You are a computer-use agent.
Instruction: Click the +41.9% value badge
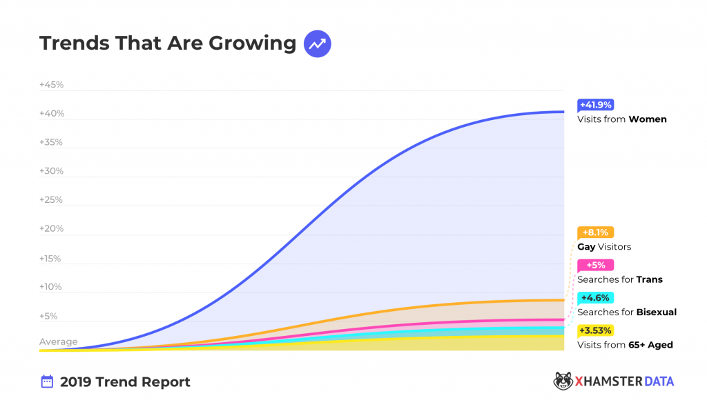(x=595, y=105)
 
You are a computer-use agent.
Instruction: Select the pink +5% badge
(x=595, y=266)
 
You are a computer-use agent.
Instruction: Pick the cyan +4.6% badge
(x=594, y=298)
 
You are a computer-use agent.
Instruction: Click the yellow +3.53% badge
(x=595, y=330)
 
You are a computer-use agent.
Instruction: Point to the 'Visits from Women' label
(x=621, y=119)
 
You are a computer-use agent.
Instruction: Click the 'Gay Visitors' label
(x=603, y=247)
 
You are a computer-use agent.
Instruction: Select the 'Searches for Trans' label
(x=619, y=279)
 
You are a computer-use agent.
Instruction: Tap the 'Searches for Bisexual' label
(x=626, y=312)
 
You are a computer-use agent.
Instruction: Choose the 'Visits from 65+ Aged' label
(x=624, y=345)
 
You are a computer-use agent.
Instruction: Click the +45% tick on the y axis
(x=52, y=85)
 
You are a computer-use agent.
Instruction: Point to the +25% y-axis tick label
(x=52, y=200)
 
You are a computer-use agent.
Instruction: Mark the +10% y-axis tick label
(x=52, y=287)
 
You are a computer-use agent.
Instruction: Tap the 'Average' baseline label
(x=59, y=342)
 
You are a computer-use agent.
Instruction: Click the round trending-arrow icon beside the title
(x=318, y=43)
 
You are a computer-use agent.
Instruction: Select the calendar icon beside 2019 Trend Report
(x=47, y=381)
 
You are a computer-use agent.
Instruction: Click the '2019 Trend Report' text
(x=125, y=382)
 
